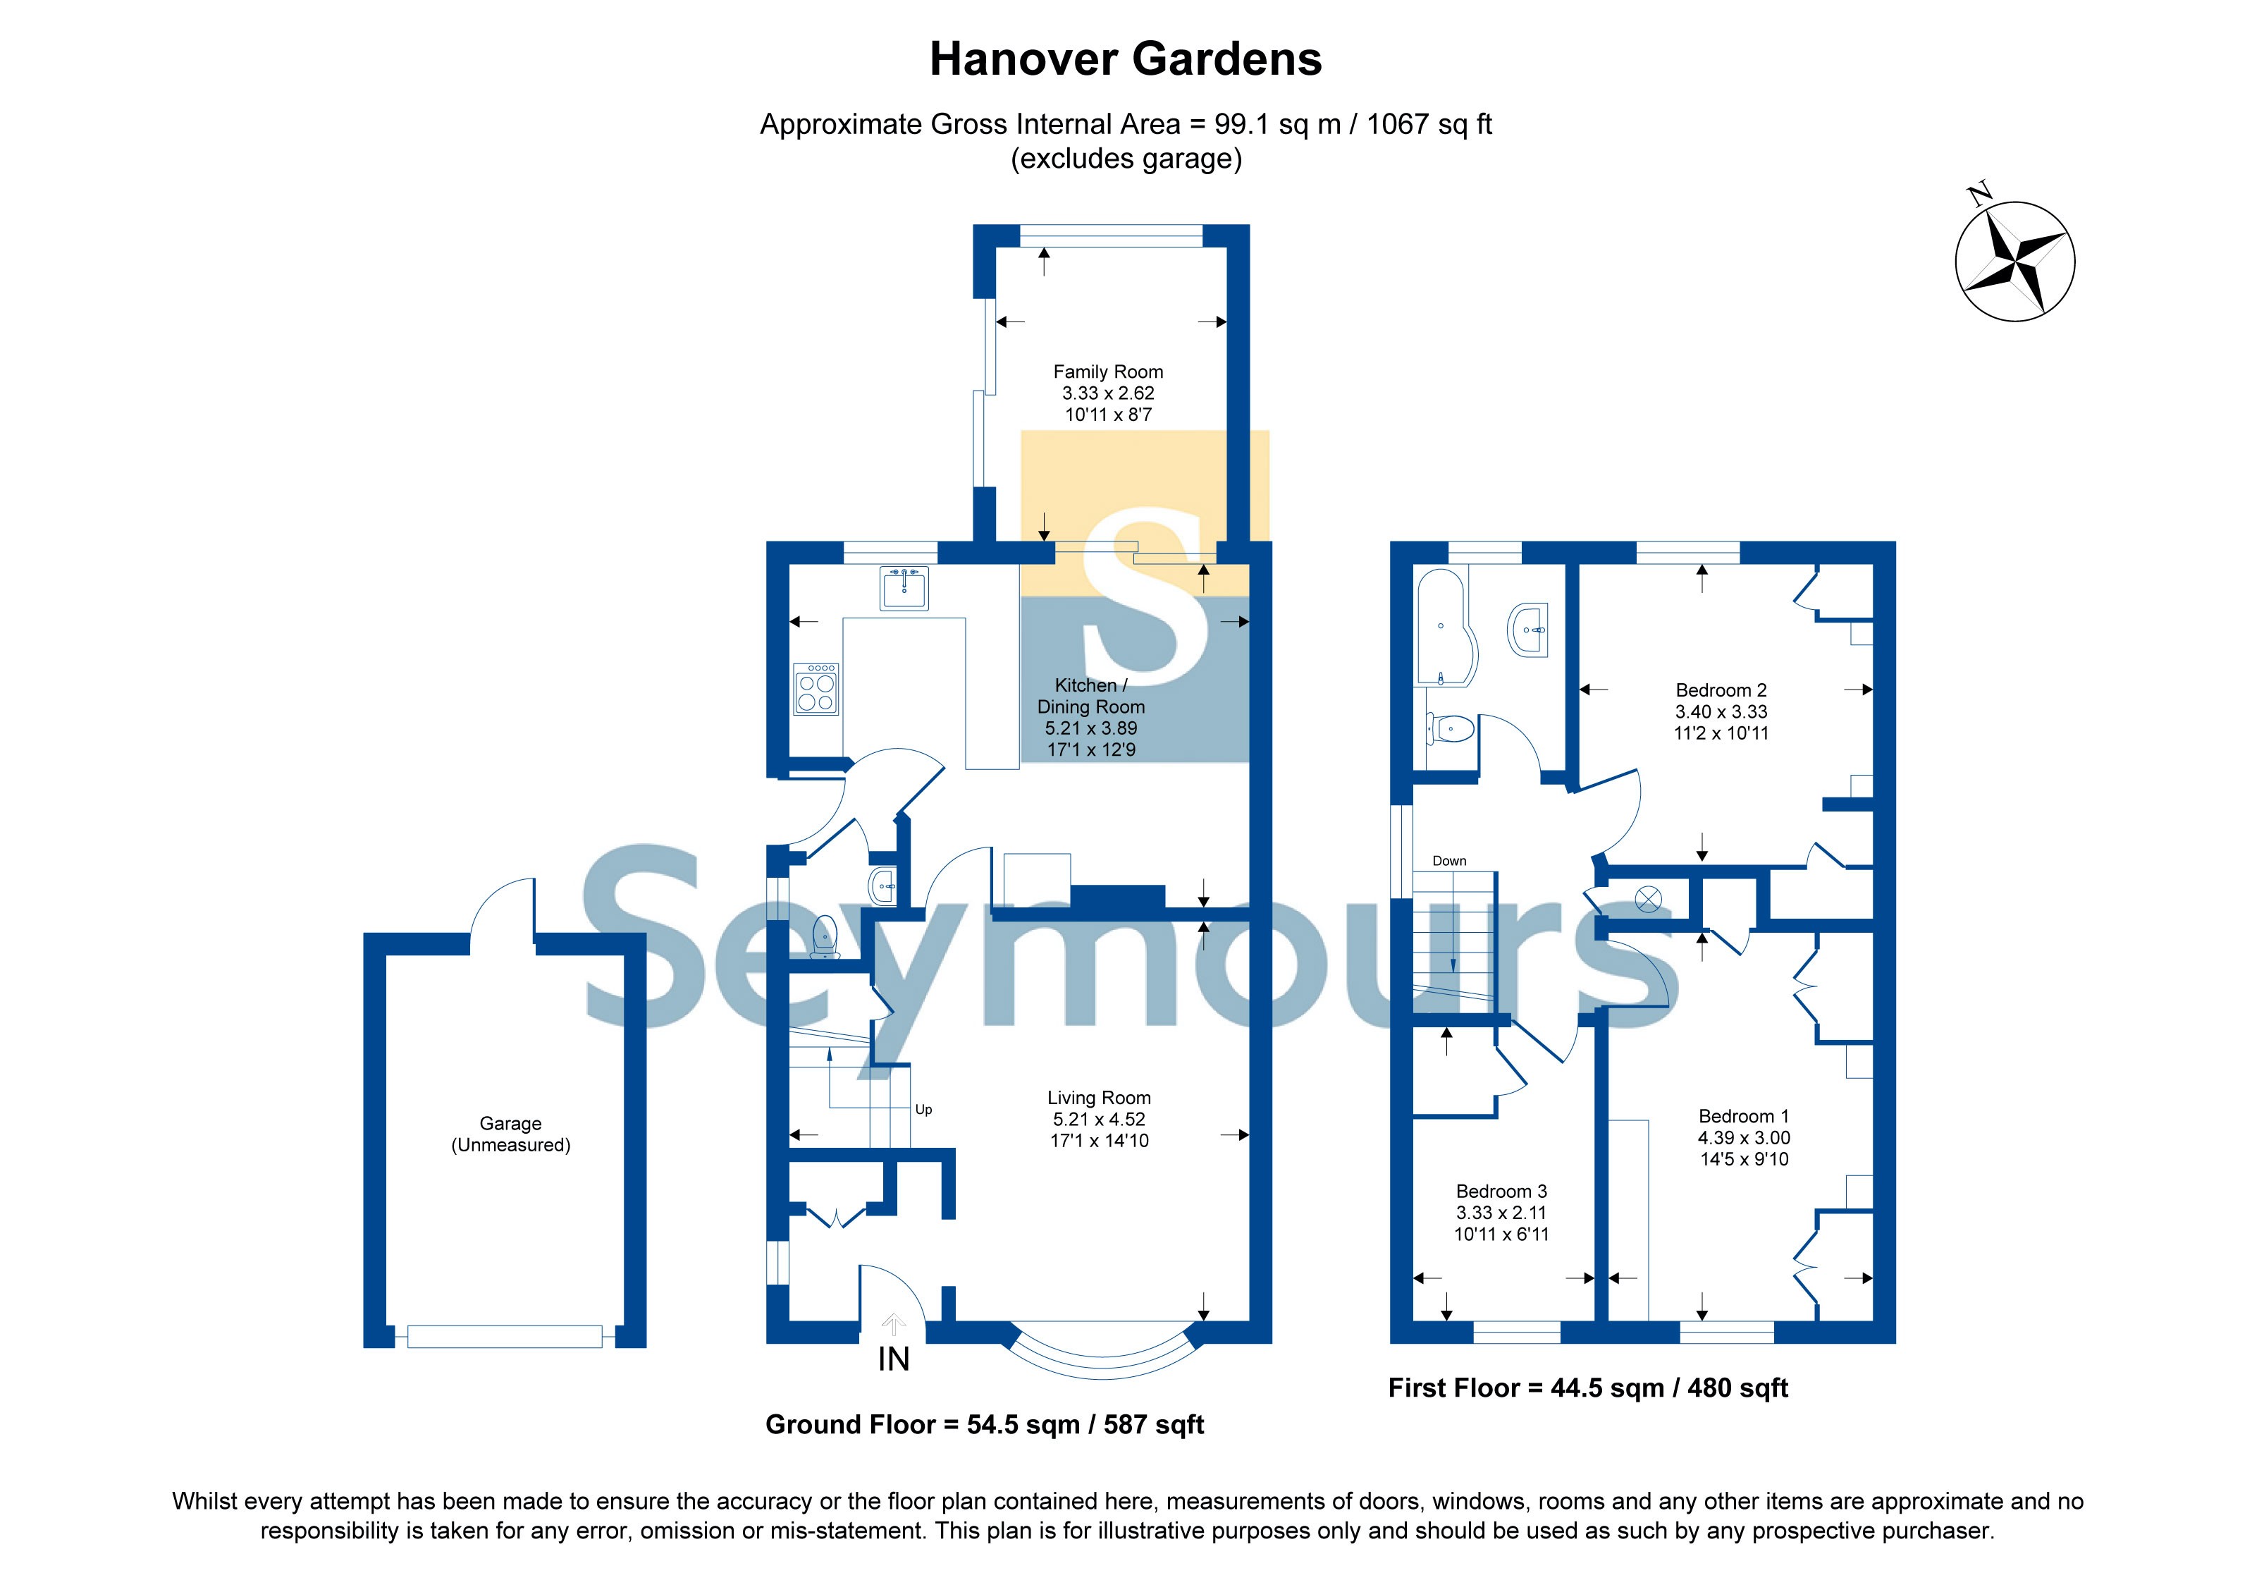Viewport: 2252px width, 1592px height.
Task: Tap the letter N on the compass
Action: (1979, 192)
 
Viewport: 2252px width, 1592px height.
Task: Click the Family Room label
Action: (1107, 372)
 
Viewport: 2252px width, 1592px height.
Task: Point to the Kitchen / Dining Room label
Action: (1090, 695)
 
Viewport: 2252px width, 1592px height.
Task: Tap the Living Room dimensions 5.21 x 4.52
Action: (1099, 1119)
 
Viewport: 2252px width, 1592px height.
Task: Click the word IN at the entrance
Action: (894, 1359)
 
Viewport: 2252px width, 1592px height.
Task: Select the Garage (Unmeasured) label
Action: (510, 1134)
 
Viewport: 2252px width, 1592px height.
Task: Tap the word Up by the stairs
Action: (923, 1110)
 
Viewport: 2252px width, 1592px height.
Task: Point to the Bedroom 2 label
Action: (1721, 690)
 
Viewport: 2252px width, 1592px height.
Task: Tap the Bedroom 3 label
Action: (1501, 1191)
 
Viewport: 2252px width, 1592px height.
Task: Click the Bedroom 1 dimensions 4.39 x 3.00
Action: (1744, 1138)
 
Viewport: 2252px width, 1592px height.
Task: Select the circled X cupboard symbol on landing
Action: (1648, 898)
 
